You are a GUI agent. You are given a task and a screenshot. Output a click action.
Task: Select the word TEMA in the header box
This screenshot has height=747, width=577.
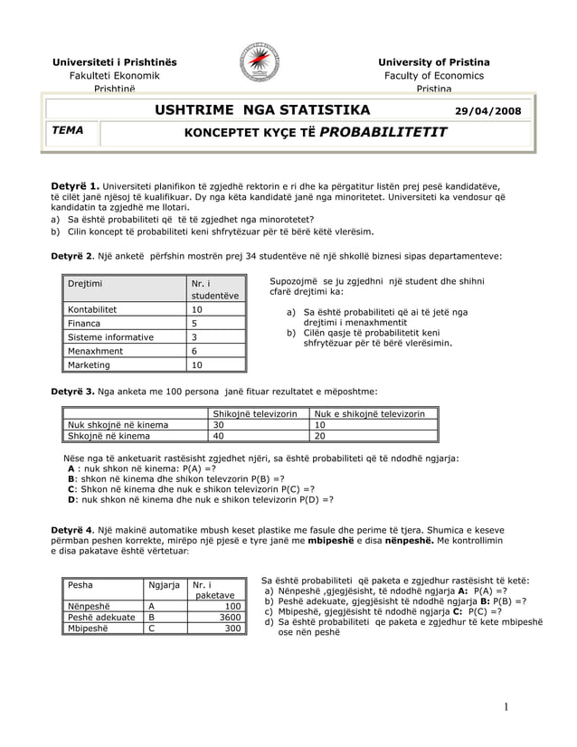click(x=68, y=130)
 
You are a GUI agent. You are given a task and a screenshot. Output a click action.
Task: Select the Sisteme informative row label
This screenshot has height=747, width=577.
click(x=110, y=337)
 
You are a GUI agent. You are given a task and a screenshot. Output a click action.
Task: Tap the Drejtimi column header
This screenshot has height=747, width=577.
click(x=84, y=284)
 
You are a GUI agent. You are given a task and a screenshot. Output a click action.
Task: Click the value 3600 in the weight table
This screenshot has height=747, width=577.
click(x=227, y=617)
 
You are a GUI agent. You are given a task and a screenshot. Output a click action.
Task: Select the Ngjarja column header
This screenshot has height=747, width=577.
click(x=165, y=584)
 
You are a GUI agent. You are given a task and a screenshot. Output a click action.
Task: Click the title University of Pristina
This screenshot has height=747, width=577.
click(x=434, y=61)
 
